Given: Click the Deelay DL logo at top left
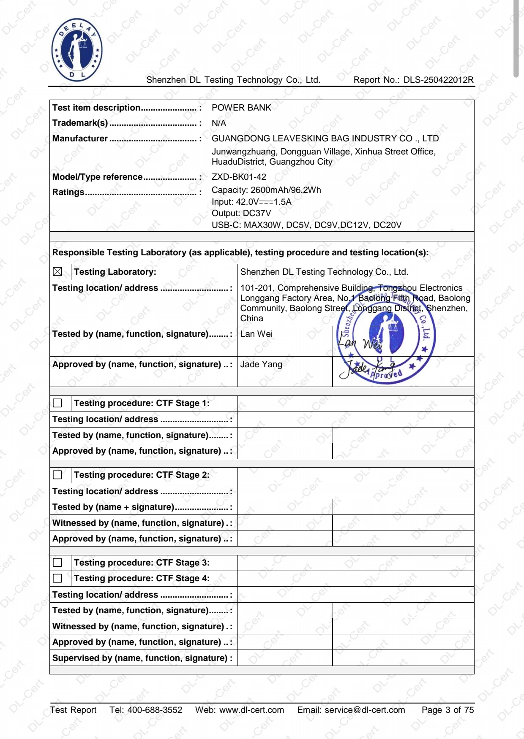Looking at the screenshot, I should (x=76, y=50).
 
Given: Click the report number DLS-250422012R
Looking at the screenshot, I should (x=438, y=80).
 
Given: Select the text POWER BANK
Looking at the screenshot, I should (x=241, y=108).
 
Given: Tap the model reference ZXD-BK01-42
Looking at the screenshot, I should (x=239, y=177).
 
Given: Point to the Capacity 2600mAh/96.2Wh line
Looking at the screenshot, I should (x=266, y=190).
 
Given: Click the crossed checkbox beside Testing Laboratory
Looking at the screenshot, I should (x=57, y=272).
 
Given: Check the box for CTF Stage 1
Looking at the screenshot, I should (x=57, y=403).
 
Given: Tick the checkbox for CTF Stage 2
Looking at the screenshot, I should (x=57, y=475).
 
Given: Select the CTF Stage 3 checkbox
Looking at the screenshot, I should (x=57, y=563).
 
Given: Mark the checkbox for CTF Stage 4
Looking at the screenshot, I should (x=57, y=578).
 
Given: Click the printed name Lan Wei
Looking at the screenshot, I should (x=257, y=334).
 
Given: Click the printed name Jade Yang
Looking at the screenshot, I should (x=261, y=364).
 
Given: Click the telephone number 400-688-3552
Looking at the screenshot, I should (x=155, y=710).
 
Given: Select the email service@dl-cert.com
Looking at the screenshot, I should (x=365, y=710).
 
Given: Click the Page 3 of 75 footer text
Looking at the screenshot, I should (x=448, y=710).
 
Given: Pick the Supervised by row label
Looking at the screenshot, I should (x=142, y=658).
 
